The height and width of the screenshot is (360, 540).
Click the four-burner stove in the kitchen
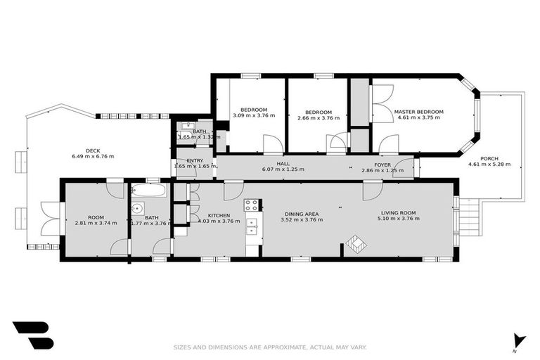251,205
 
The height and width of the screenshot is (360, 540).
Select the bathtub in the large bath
148,191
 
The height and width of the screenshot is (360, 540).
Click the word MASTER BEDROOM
418,112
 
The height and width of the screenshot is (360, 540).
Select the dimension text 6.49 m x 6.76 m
92,156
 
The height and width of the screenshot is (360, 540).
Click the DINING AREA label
302,214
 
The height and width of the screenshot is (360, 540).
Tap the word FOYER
382,164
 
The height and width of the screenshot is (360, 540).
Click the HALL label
283,164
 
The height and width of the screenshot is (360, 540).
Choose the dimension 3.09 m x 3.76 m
254,116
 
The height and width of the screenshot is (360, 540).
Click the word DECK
92,150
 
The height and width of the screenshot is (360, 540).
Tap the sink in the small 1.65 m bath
186,127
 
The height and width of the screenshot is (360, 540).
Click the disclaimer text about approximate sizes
270,347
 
